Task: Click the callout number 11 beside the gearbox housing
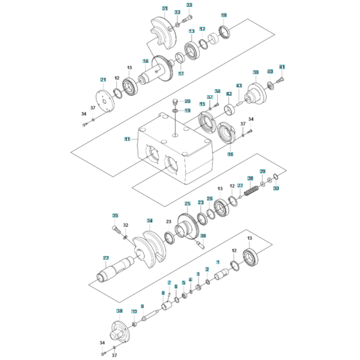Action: [x=127, y=138]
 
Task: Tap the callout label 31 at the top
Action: [x=165, y=9]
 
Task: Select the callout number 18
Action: [x=224, y=15]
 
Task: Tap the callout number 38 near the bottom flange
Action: [x=119, y=310]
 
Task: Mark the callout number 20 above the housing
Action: [x=188, y=101]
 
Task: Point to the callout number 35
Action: [x=116, y=215]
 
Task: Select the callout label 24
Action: [x=149, y=221]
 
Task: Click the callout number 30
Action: [x=276, y=189]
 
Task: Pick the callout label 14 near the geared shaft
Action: [x=146, y=62]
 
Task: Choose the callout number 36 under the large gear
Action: [x=203, y=236]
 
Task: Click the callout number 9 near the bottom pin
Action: [x=143, y=306]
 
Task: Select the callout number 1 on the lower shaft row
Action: [x=218, y=262]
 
